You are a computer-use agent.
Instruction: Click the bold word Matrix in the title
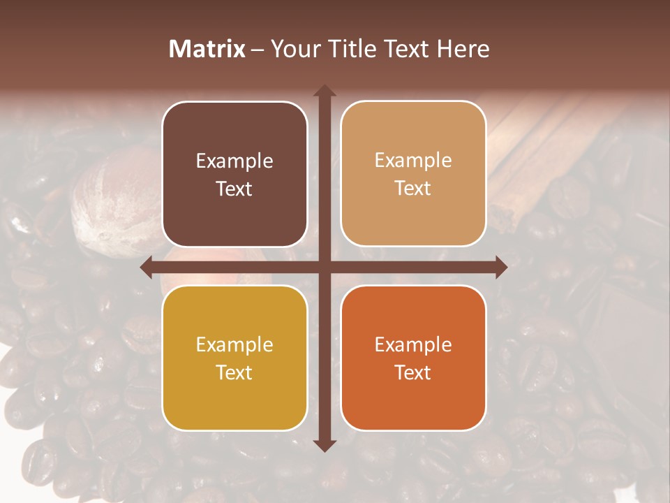[x=207, y=49]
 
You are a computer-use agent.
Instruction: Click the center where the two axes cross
[x=325, y=268]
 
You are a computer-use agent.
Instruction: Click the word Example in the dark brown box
[x=234, y=161]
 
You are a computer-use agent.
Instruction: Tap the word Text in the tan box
[x=413, y=189]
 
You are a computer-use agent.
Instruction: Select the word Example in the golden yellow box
[x=234, y=345]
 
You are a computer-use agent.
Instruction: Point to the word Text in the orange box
[x=413, y=373]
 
